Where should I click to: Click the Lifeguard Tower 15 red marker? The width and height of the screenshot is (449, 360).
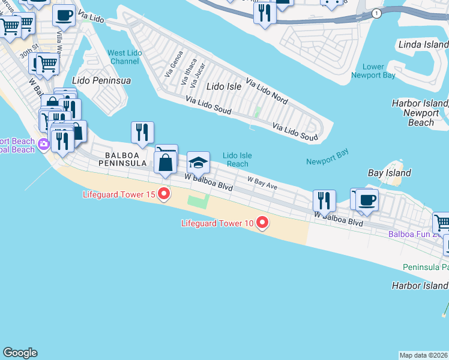coord(164,194)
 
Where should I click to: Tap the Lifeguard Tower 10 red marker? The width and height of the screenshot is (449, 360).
coord(262,223)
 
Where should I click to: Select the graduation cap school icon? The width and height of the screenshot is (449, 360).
coord(199,163)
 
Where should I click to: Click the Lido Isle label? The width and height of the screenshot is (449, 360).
coord(224,86)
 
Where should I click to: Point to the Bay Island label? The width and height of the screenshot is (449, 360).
coord(389,173)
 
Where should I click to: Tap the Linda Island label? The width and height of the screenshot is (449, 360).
coord(423,45)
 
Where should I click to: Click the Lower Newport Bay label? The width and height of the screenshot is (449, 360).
coord(374,71)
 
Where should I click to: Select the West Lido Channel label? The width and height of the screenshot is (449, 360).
coord(125,57)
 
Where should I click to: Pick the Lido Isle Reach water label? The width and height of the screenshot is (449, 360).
coord(237,160)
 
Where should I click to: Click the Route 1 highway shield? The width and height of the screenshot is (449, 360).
coord(376,14)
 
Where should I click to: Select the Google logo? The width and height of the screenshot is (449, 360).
coord(20,353)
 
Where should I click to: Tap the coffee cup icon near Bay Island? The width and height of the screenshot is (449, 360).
coord(367,200)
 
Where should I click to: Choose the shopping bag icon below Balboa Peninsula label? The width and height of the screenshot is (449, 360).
coord(165,163)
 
